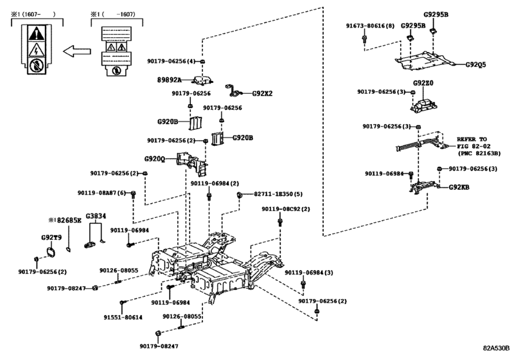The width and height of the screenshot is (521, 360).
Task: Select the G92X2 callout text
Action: click(x=262, y=93)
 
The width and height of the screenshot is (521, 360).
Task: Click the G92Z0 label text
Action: click(x=424, y=83)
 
